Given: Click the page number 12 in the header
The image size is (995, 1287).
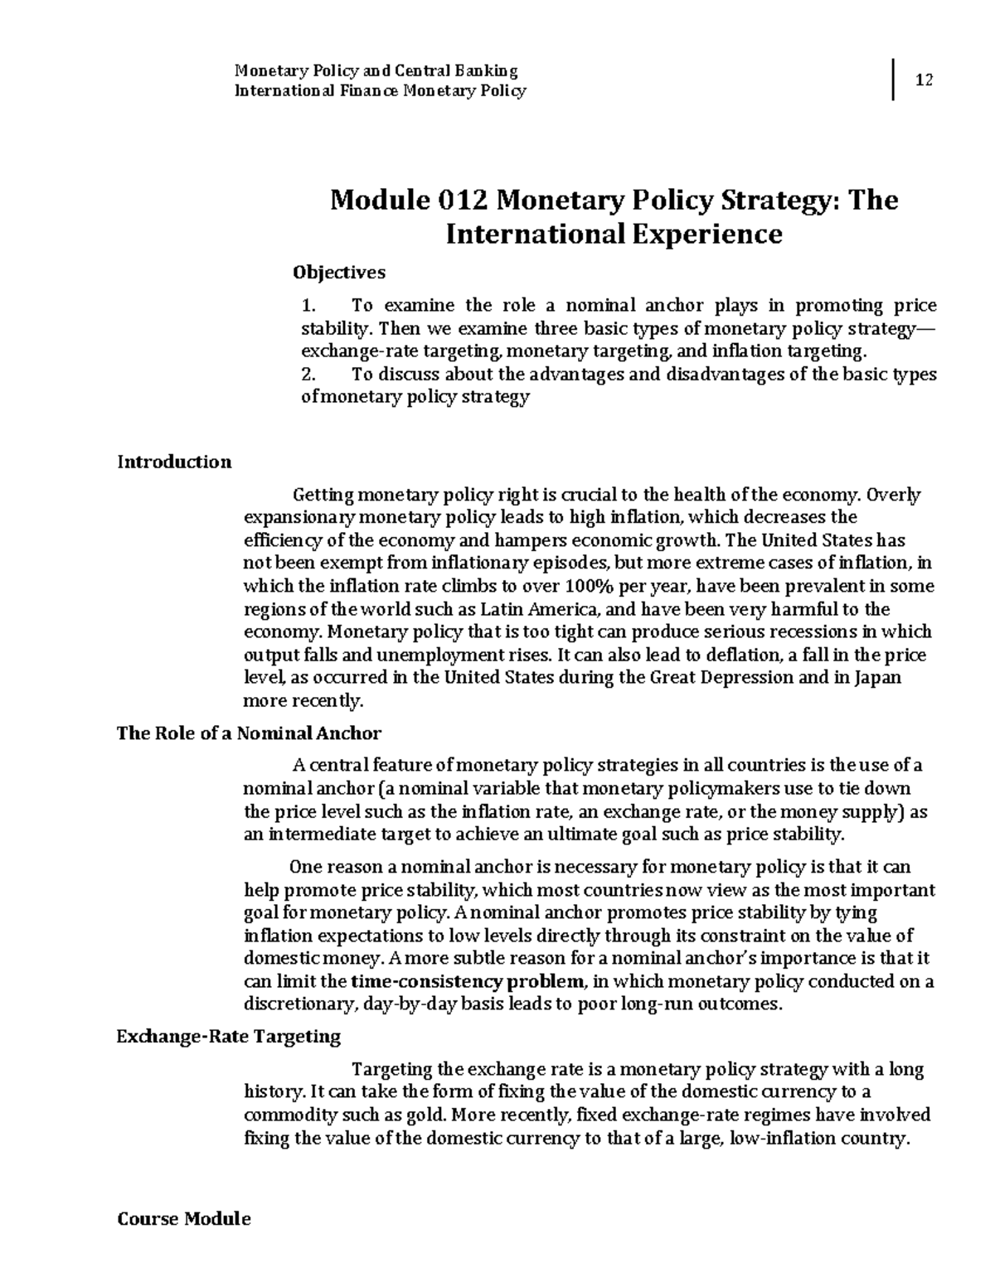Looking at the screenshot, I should pos(924,80).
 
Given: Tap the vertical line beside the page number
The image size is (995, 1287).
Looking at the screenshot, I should pos(894,80).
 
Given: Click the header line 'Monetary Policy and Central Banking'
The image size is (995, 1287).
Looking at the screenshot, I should pos(376,70).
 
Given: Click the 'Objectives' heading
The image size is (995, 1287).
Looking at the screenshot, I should pos(339,272).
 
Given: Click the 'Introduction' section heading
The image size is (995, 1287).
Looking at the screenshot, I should pos(174,462).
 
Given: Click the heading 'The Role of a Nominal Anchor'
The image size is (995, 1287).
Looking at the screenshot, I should pos(249,733).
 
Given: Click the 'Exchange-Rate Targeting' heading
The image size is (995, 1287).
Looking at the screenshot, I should pos(229,1037).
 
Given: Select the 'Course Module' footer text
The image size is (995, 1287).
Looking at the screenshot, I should pos(183,1219).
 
